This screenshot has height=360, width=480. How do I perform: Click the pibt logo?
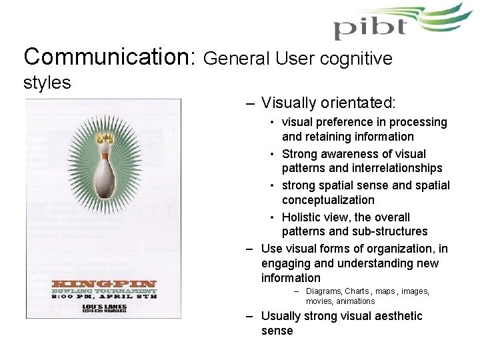pyautogui.click(x=393, y=23)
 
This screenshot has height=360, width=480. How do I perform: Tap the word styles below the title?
pyautogui.click(x=47, y=83)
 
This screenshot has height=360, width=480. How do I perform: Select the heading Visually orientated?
pyautogui.click(x=329, y=103)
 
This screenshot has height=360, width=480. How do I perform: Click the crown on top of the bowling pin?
pyautogui.click(x=103, y=139)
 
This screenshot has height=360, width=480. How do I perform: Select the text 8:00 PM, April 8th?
pyautogui.click(x=104, y=297)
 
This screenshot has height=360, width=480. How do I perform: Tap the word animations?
pyautogui.click(x=353, y=301)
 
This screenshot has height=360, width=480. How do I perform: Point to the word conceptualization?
pyautogui.click(x=327, y=200)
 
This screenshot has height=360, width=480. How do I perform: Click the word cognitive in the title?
pyautogui.click(x=359, y=59)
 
